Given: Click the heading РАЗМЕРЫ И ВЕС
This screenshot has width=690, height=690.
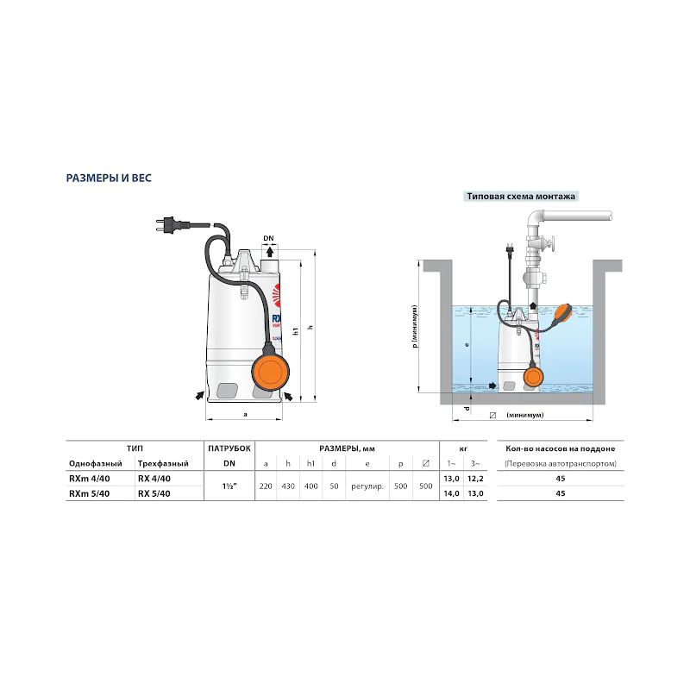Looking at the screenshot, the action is [x=109, y=179].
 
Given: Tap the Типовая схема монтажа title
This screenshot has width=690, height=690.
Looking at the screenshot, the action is [x=521, y=197].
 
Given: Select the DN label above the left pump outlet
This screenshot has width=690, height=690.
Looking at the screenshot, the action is [x=268, y=238].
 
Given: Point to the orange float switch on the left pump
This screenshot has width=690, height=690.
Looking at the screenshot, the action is [x=270, y=371].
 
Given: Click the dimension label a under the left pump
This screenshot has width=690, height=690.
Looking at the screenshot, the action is [x=245, y=414].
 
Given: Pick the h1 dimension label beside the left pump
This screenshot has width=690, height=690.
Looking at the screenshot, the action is [x=296, y=330].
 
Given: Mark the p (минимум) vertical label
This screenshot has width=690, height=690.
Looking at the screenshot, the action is [x=415, y=327].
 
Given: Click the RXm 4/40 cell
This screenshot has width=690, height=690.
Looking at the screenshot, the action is [x=90, y=479].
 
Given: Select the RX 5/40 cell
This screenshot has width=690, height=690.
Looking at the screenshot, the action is [x=154, y=493].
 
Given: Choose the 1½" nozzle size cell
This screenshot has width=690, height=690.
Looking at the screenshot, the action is [x=229, y=486].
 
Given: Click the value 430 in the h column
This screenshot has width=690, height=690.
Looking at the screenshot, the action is [x=288, y=486].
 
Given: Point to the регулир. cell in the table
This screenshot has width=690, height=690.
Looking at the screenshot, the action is [x=367, y=486].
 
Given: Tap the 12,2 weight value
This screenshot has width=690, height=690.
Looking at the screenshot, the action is [x=475, y=479].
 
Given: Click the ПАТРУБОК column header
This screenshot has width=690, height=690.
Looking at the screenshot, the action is [x=229, y=448].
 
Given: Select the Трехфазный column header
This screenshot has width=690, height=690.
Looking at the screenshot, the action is [x=163, y=463].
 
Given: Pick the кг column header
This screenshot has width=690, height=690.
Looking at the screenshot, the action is [x=463, y=448].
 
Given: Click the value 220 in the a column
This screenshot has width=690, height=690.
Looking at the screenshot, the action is [x=266, y=486].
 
